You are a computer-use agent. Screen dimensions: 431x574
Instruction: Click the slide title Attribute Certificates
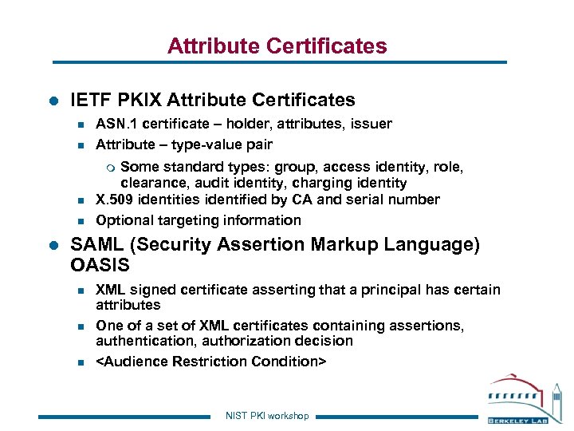point(277,46)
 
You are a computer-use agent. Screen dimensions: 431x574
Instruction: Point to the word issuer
point(372,124)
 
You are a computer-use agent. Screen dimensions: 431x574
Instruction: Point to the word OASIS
point(100,264)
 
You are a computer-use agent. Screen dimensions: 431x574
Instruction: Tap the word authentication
point(139,341)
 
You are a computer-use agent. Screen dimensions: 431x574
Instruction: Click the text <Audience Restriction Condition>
point(210,362)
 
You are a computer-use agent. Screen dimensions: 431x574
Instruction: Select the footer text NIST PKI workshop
point(267,416)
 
